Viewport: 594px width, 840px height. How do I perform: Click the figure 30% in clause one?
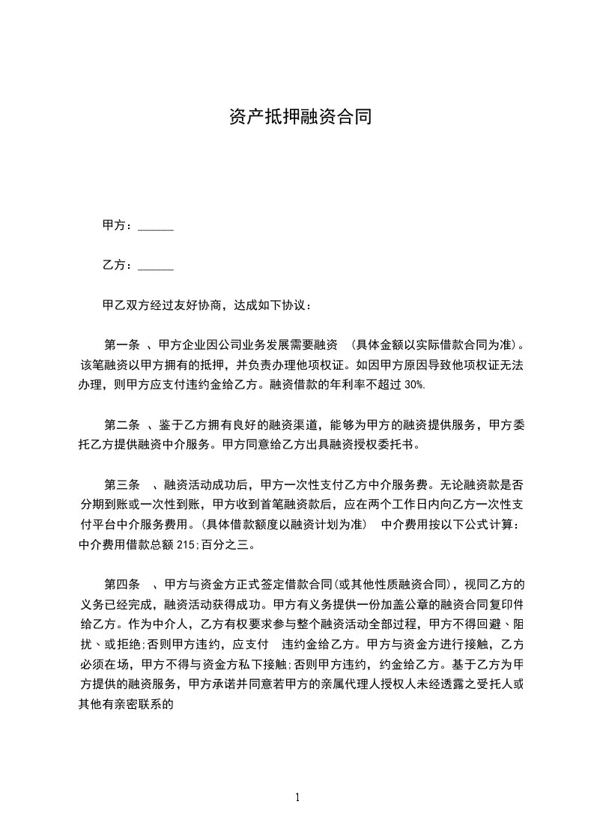coord(414,384)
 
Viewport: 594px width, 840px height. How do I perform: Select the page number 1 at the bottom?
coord(297,797)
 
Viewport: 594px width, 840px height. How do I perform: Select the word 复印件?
coord(503,603)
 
